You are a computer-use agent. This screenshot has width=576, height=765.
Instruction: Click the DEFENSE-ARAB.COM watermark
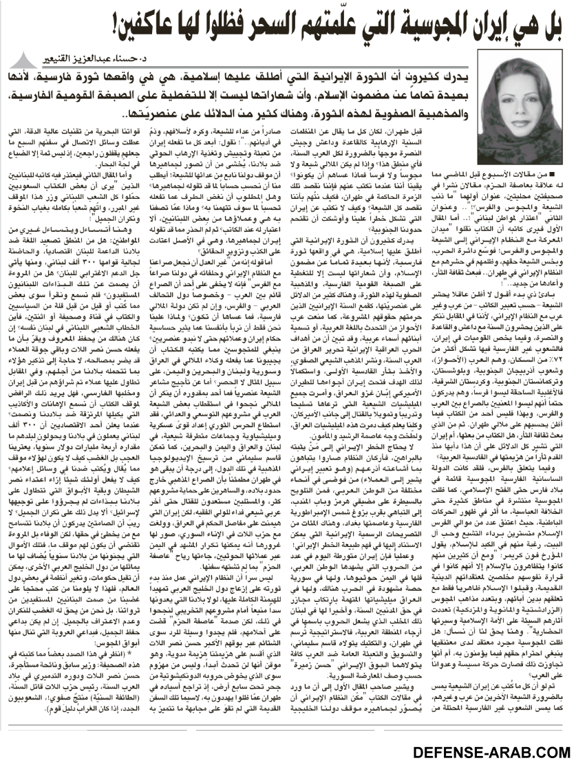[493, 750]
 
